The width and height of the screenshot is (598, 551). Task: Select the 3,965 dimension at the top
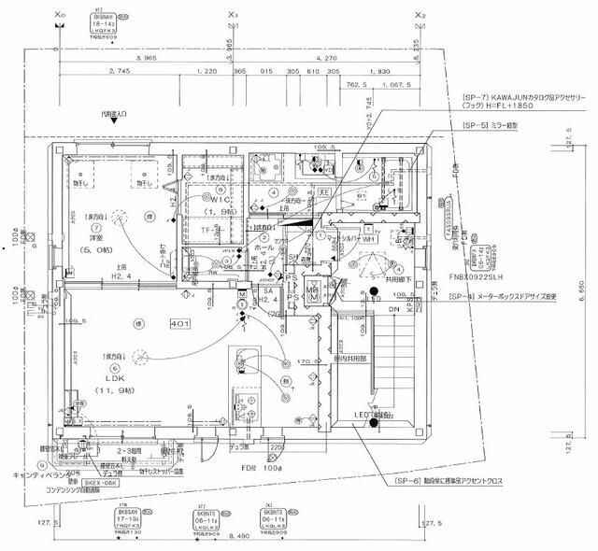pyautogui.click(x=146, y=58)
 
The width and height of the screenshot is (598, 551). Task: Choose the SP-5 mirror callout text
pyautogui.click(x=496, y=123)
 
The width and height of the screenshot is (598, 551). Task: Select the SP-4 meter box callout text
pyautogui.click(x=519, y=297)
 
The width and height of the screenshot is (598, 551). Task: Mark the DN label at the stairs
pyautogui.click(x=394, y=309)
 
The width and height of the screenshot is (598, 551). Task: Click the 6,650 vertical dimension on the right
pyautogui.click(x=582, y=290)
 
